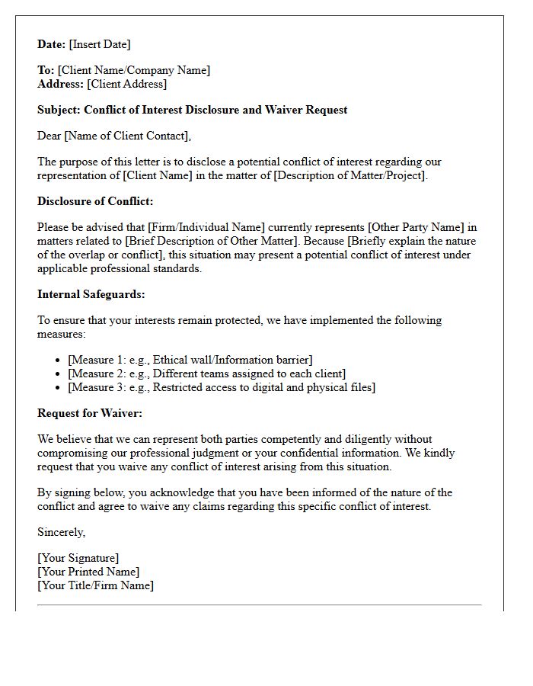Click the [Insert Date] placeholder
click(x=99, y=44)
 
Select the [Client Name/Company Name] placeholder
click(x=133, y=70)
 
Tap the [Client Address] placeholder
click(x=126, y=84)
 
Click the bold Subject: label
click(x=59, y=110)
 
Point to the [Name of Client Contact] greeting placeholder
click(x=126, y=136)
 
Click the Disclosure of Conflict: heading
click(x=95, y=201)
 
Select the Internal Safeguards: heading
click(x=91, y=294)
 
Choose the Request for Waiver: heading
click(x=90, y=413)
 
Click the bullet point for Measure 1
click(x=59, y=360)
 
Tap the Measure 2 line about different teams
click(x=206, y=373)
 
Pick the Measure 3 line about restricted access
click(x=221, y=387)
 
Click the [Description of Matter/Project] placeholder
click(x=350, y=175)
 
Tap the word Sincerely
click(x=61, y=532)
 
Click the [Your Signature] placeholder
click(x=78, y=558)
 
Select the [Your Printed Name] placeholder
click(x=88, y=572)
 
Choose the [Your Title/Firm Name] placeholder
click(x=95, y=585)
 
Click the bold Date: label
click(x=51, y=44)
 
